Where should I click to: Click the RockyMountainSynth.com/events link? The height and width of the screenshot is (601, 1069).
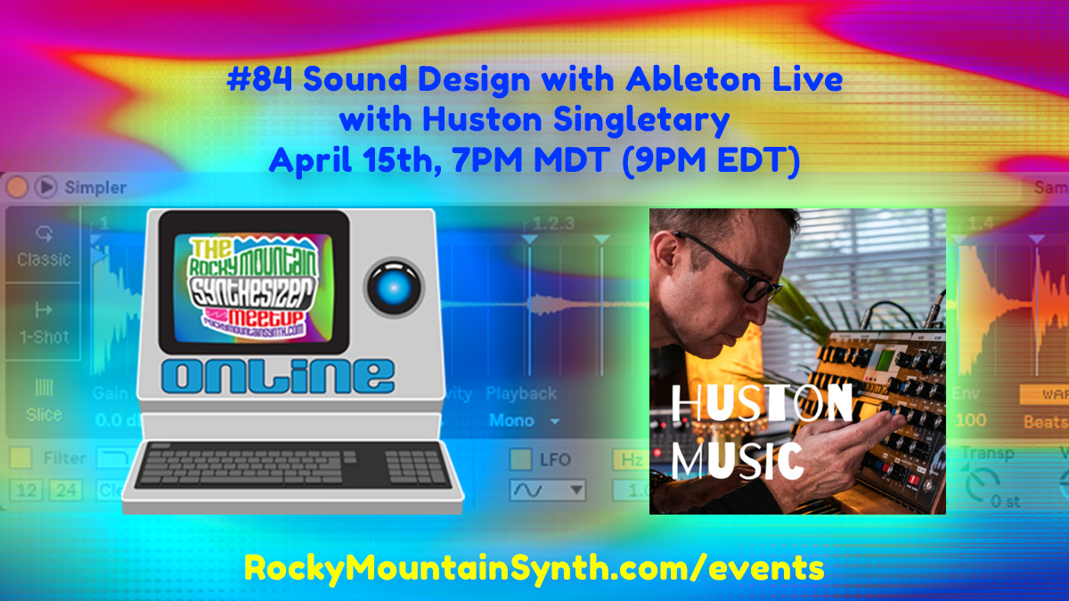pos(534,567)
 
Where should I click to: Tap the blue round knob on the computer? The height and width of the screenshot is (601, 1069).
pos(396,285)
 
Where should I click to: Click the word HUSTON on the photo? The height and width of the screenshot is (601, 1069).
pos(763,408)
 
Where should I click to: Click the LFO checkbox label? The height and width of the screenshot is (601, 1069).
pos(554,459)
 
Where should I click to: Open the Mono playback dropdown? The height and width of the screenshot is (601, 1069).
pos(524,420)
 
